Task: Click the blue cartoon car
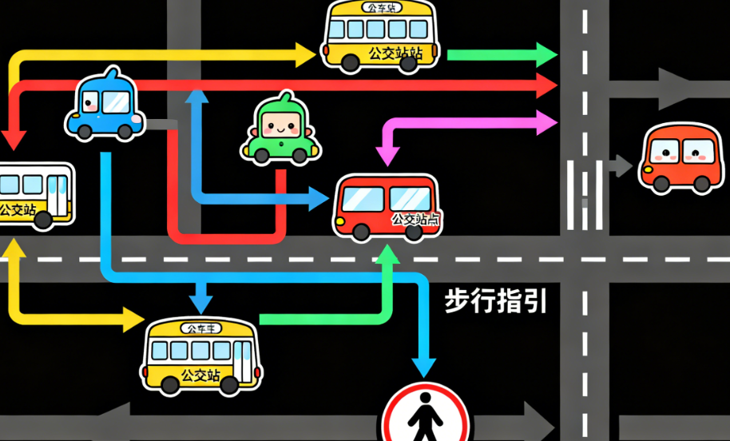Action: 104,106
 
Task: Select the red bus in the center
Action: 386,206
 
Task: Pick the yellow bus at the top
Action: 382,36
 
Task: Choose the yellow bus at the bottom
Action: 201,355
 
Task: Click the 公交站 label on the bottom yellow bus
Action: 201,374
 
